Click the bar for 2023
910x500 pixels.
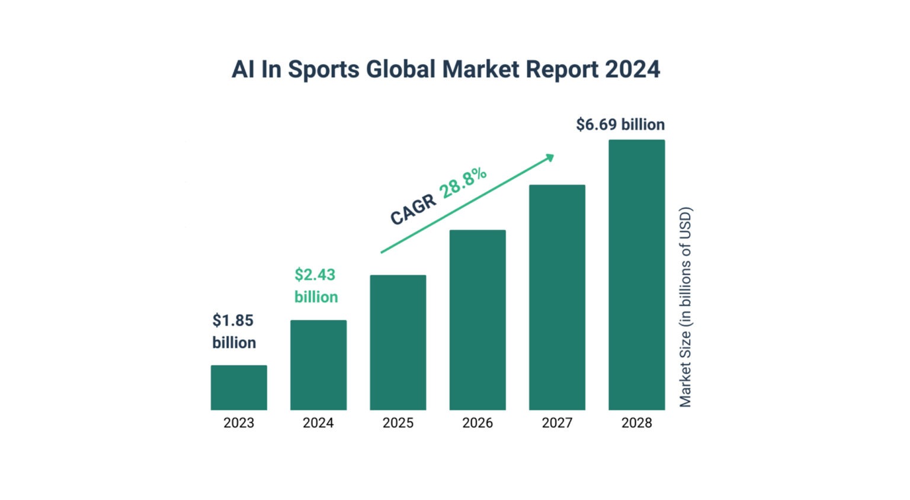[239, 387]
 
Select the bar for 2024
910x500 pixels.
[318, 365]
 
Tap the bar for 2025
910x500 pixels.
[398, 342]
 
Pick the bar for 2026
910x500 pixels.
[478, 320]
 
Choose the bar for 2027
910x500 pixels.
[557, 297]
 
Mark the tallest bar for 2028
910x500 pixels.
[636, 275]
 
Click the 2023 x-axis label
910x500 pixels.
[239, 423]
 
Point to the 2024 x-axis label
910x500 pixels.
[318, 423]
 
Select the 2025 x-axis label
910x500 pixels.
[398, 423]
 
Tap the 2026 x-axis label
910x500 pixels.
[478, 423]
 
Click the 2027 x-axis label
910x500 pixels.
[557, 423]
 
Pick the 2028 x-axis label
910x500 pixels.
[636, 423]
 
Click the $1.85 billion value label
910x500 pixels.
[234, 332]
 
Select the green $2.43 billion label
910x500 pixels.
[316, 285]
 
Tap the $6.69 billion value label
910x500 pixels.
[620, 125]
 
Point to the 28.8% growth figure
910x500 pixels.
[463, 183]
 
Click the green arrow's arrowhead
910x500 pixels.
[550, 158]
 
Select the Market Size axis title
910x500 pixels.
[685, 307]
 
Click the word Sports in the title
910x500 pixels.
[323, 69]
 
